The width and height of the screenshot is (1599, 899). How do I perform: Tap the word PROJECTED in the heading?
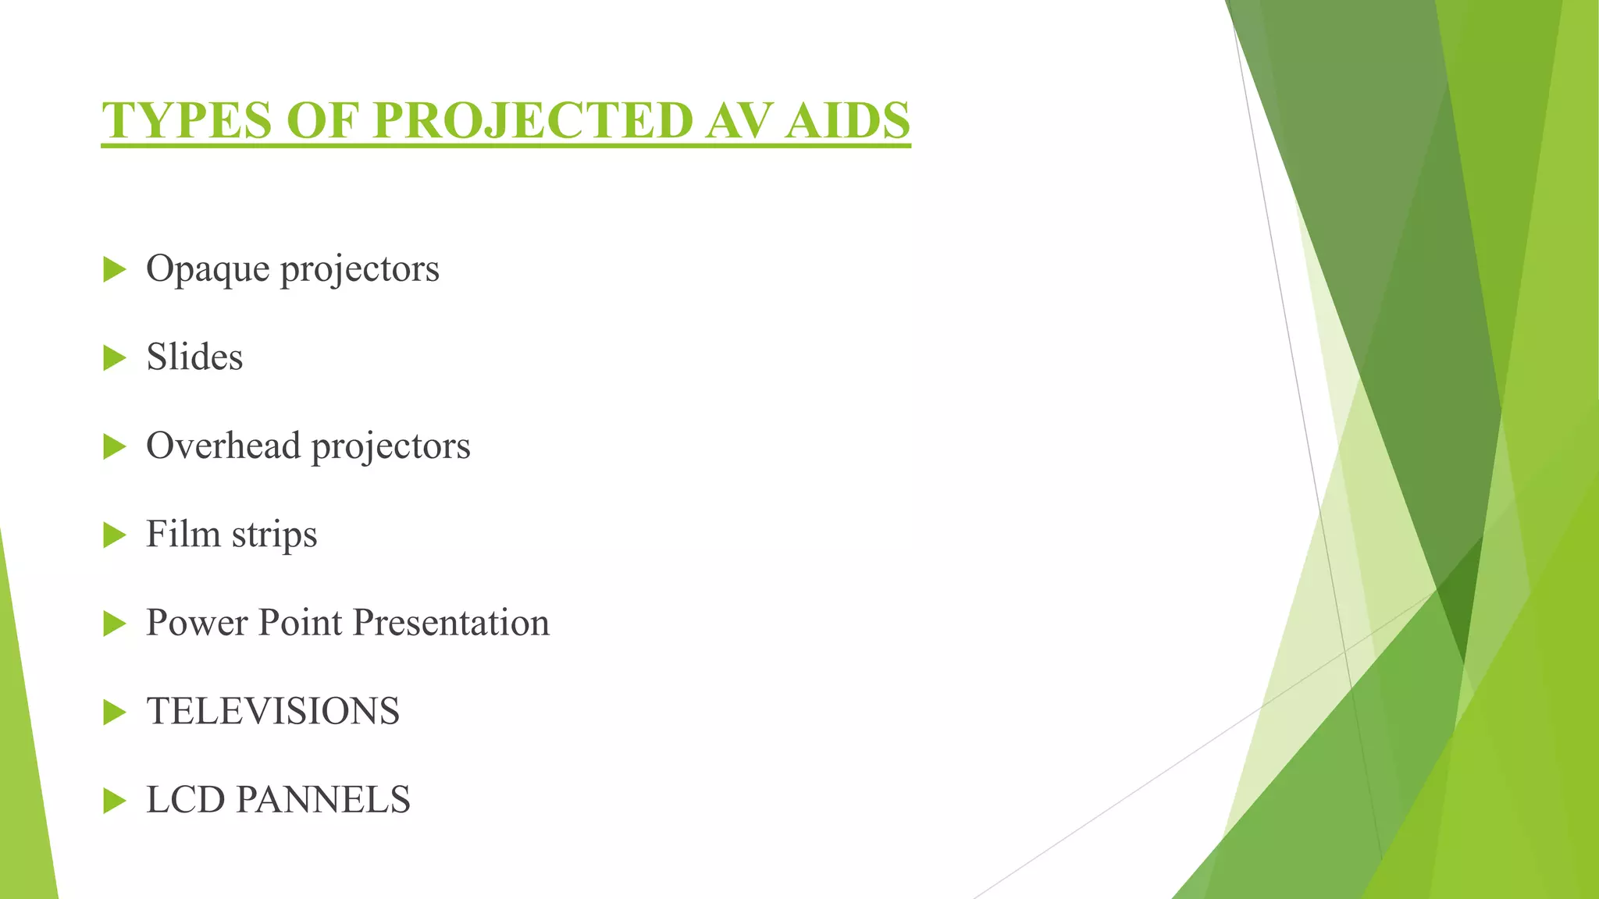(x=532, y=120)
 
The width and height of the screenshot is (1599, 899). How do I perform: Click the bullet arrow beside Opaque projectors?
(x=114, y=270)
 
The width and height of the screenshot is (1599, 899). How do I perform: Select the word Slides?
(x=194, y=357)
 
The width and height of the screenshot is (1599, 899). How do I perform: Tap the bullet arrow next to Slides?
(x=114, y=358)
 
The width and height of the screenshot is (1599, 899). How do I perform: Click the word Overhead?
(x=223, y=446)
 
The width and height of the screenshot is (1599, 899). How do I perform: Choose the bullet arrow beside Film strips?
(x=114, y=535)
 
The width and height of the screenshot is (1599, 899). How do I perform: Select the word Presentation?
(x=450, y=623)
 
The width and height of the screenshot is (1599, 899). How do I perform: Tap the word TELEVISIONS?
(x=272, y=711)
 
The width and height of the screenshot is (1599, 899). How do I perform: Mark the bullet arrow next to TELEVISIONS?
(x=114, y=712)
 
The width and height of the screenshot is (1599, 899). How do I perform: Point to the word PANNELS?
(x=322, y=800)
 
